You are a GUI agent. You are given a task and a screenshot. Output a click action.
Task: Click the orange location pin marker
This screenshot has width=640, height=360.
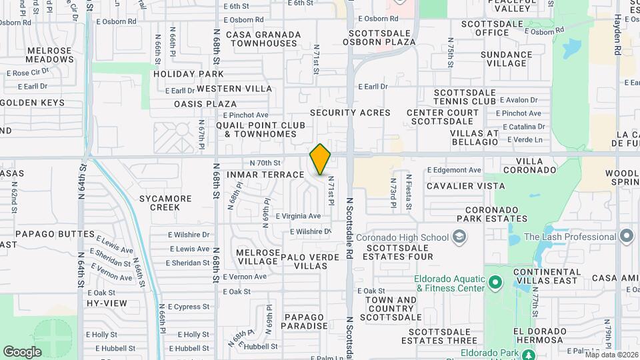320,160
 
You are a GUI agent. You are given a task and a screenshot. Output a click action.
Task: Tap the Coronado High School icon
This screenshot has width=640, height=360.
459,237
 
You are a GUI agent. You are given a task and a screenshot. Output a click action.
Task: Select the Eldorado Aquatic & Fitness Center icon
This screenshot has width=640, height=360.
494,283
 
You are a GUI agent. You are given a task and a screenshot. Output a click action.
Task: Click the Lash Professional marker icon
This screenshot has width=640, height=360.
626,237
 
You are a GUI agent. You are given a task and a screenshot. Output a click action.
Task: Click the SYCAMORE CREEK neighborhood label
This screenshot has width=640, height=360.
165,203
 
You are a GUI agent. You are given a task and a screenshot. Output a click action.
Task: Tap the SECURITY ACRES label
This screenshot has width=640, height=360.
350,113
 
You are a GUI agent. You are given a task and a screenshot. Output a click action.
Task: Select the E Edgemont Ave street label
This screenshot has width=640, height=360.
454,170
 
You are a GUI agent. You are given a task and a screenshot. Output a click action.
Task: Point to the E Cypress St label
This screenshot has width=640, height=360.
189,307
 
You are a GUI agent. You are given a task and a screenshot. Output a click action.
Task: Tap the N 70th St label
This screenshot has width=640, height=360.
265,162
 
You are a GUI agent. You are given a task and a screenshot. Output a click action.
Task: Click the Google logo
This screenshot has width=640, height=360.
22,351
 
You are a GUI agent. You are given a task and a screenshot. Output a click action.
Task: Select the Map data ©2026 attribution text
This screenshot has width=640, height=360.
610,354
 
